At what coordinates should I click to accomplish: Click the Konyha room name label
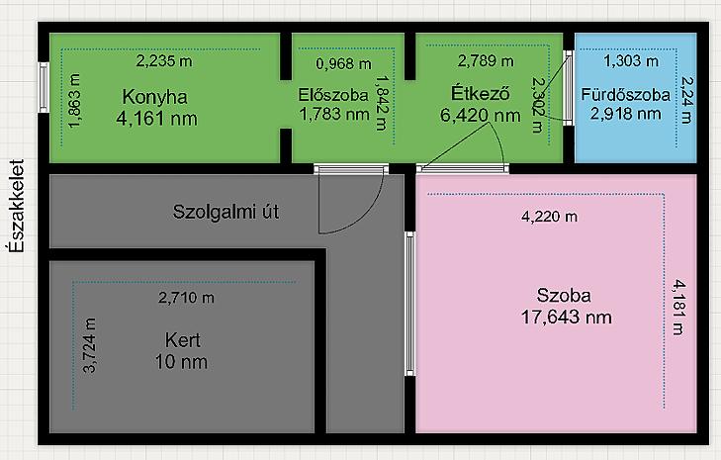click(x=154, y=96)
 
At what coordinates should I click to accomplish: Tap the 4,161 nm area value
click(x=156, y=118)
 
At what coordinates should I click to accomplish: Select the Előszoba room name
click(x=333, y=96)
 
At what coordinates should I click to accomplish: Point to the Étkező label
click(x=479, y=95)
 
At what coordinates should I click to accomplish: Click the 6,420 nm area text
click(x=480, y=115)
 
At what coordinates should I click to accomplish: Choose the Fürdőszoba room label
click(x=625, y=95)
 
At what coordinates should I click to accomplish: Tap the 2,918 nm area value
click(x=625, y=114)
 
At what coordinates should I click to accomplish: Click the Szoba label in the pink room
click(x=565, y=295)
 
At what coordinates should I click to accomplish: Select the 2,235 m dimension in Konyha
click(x=166, y=60)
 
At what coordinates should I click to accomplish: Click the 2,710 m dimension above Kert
click(x=186, y=297)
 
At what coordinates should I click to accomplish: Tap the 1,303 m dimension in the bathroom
click(x=630, y=60)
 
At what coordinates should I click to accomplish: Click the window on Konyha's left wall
click(x=44, y=94)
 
